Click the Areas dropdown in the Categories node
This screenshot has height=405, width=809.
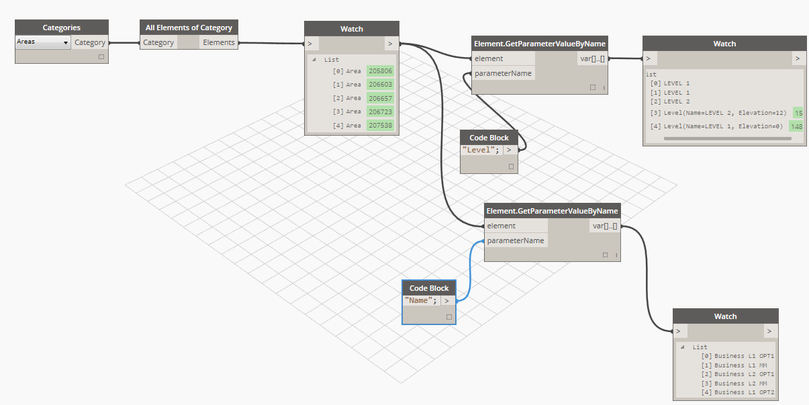43,42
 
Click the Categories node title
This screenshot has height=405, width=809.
62,28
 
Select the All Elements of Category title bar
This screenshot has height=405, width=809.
189,28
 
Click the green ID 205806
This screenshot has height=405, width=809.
380,71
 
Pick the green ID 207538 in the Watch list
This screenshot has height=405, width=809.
380,125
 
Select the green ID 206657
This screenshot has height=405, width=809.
380,98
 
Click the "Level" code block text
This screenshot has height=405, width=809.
481,150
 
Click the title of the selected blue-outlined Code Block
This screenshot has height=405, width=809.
429,288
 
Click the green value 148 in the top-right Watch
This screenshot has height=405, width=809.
796,126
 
